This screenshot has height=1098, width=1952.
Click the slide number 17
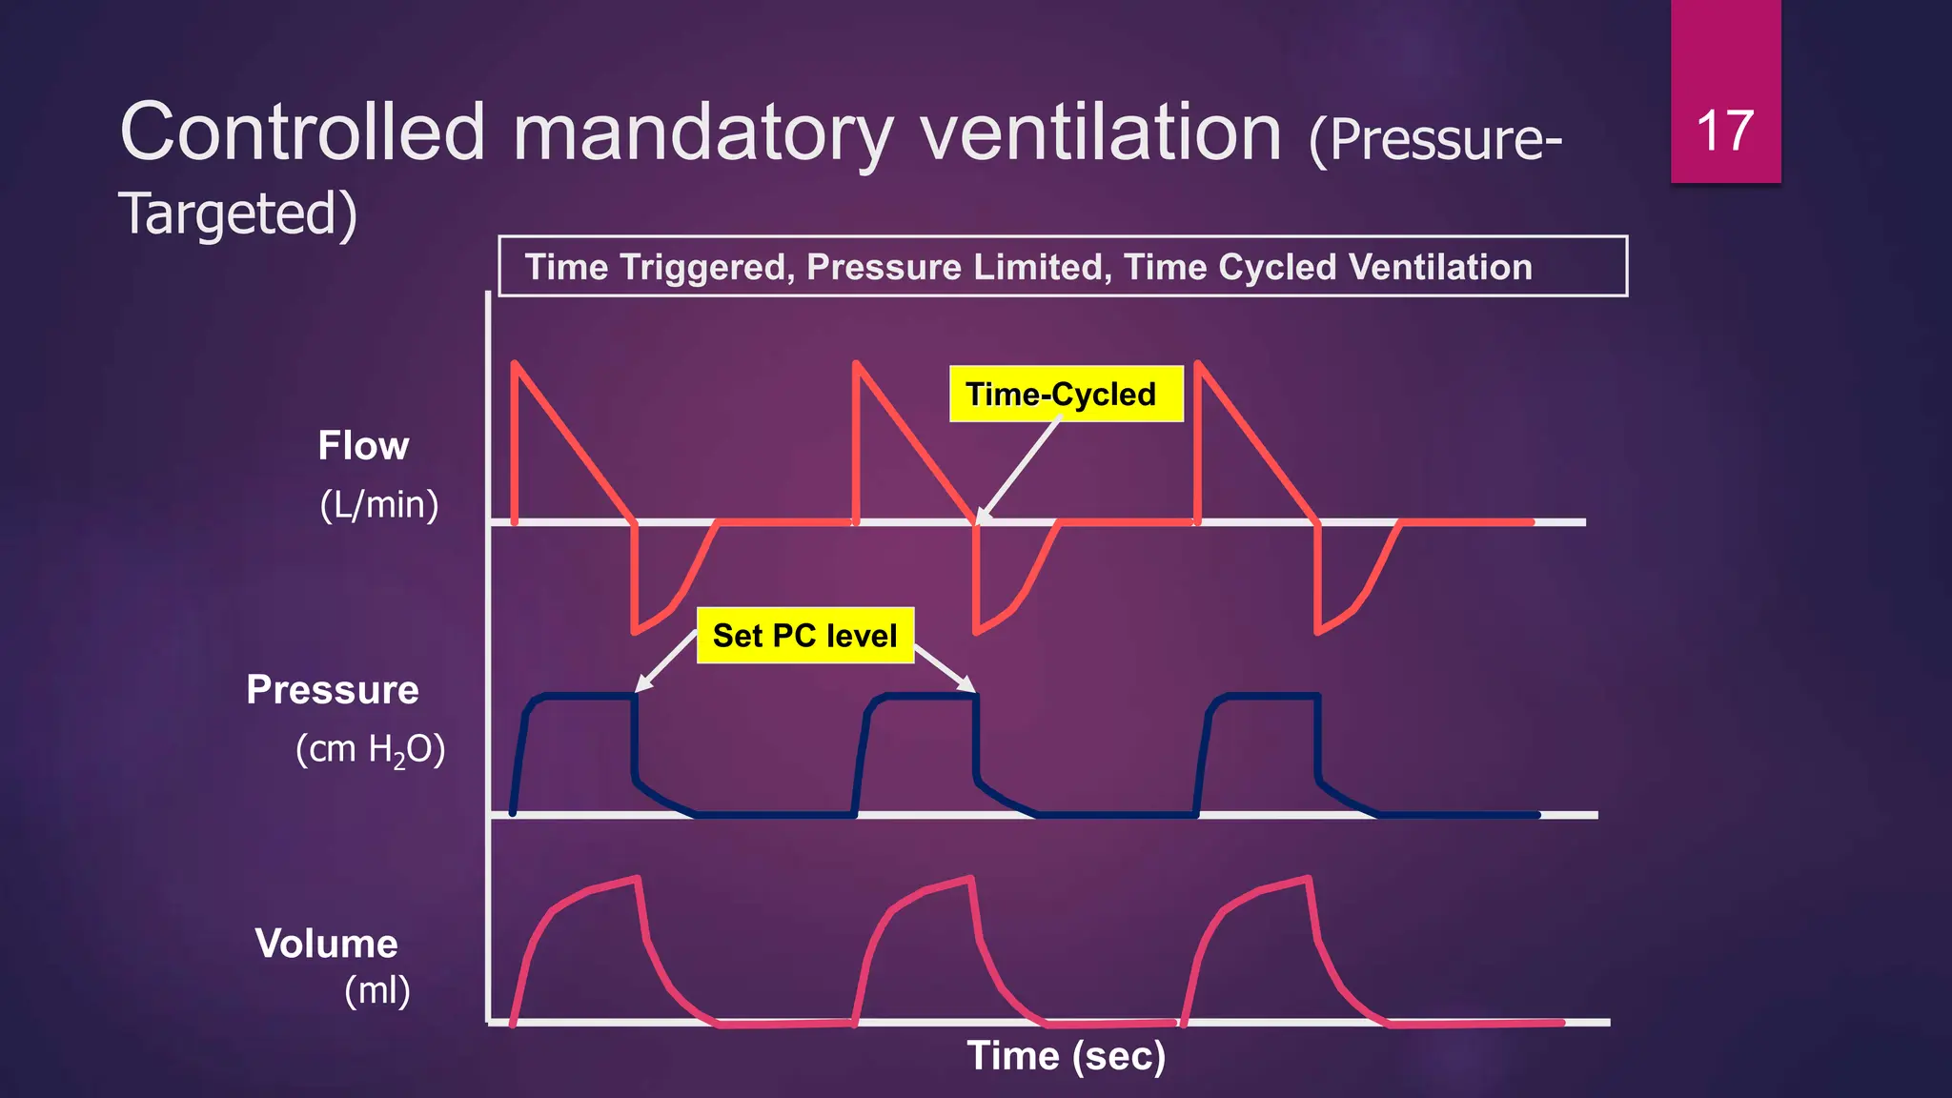1725,131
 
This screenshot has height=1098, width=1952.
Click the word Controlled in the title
302,132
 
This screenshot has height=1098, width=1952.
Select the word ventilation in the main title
1101,132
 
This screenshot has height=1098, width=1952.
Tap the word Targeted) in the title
237,213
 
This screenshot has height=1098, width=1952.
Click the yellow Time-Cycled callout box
1066,394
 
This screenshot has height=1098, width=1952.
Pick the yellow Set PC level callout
804,636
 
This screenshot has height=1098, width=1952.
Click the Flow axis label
363,446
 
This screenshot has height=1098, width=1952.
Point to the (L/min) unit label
378,504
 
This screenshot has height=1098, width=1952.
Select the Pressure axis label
332,690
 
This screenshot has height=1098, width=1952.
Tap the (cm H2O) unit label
370,750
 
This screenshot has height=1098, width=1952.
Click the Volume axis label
326,944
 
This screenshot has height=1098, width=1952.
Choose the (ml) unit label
377,991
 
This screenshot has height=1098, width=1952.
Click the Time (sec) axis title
1066,1056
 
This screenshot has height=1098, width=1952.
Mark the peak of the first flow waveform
515,363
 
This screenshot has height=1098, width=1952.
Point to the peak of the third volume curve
1308,878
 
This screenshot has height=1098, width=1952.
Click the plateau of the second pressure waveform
929,697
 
